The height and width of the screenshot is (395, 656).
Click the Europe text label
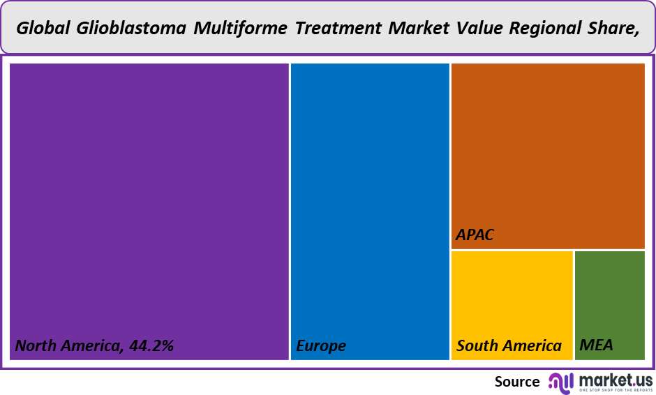321,345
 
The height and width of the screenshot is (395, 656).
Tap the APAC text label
475,234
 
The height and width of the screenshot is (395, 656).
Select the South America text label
509,345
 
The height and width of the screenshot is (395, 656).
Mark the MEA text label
596,345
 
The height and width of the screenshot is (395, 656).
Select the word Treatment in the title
338,28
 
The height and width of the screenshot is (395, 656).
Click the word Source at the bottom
517,381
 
